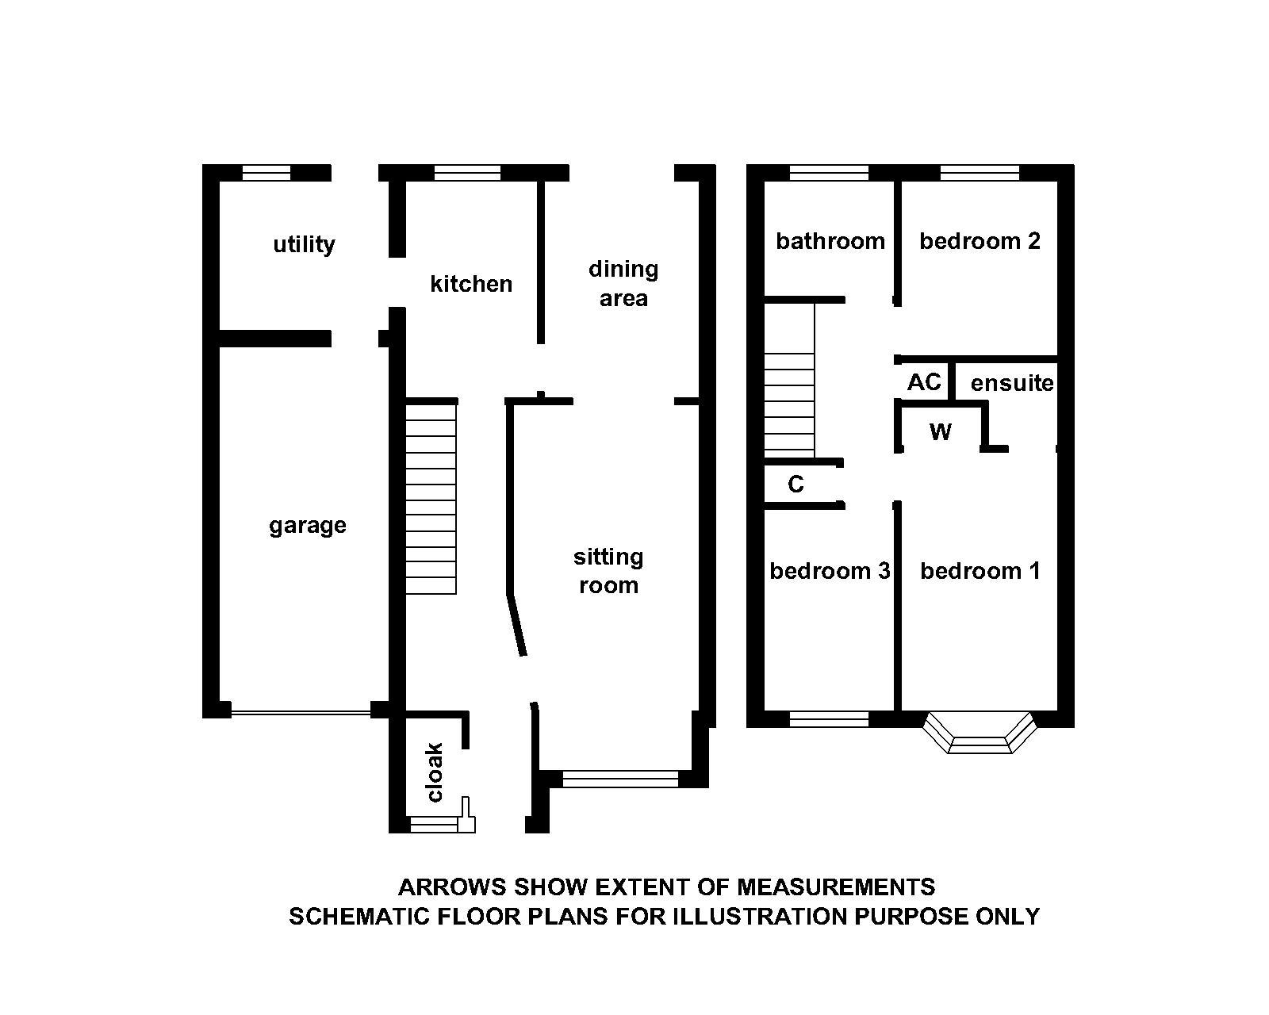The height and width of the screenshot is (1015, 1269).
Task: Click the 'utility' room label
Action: (304, 244)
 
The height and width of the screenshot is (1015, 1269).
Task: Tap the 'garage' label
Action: (308, 526)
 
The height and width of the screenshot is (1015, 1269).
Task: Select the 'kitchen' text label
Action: (471, 284)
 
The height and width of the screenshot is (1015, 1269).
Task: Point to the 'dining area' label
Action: (623, 284)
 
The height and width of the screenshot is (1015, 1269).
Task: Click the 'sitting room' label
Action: (608, 571)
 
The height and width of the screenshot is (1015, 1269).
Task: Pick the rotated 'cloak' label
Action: (435, 772)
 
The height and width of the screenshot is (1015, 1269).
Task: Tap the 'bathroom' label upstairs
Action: (830, 241)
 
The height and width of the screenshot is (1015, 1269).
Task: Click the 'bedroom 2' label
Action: (980, 241)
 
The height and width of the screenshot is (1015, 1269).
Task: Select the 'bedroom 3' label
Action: (830, 571)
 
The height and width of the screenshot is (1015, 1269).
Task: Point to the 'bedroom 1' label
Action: (980, 571)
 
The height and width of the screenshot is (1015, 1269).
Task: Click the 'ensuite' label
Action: (1012, 384)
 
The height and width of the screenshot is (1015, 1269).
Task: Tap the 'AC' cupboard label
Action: (924, 382)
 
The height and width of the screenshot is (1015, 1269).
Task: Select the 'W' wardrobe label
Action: (940, 432)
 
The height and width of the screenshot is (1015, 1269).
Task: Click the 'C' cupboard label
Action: (796, 485)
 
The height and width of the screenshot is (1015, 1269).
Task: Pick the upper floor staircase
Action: (789, 381)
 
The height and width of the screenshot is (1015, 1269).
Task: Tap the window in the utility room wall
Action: (266, 173)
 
